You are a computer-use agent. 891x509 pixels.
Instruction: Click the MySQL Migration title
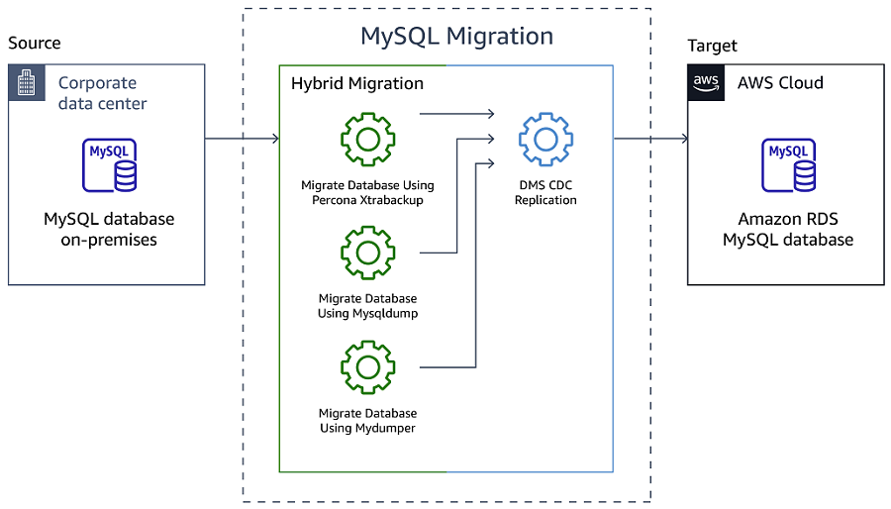pyautogui.click(x=456, y=37)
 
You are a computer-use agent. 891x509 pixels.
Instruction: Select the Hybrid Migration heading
pyautogui.click(x=356, y=84)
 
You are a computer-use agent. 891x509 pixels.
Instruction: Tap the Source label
pyautogui.click(x=35, y=44)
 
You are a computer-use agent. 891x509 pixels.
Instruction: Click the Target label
pyautogui.click(x=713, y=46)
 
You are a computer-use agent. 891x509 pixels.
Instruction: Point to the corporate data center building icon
pyautogui.click(x=27, y=83)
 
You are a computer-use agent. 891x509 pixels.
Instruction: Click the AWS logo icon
pyautogui.click(x=706, y=83)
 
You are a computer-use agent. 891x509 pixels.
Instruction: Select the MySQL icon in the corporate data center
pyautogui.click(x=109, y=165)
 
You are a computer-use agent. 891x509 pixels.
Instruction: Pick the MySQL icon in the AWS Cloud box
pyautogui.click(x=788, y=165)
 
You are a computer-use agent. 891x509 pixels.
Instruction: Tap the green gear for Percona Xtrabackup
pyautogui.click(x=367, y=139)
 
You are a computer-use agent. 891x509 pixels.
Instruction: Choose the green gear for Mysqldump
pyautogui.click(x=367, y=253)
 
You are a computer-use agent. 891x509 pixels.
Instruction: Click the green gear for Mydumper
pyautogui.click(x=367, y=367)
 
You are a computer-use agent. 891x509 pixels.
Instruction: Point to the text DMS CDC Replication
pyautogui.click(x=545, y=192)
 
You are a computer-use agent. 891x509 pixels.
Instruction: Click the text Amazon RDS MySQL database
pyautogui.click(x=788, y=230)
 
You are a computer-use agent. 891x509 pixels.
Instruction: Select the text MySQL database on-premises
pyautogui.click(x=109, y=230)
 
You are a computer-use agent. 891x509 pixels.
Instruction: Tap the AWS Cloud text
pyautogui.click(x=780, y=83)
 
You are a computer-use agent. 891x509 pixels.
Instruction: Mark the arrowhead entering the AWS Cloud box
pyautogui.click(x=682, y=139)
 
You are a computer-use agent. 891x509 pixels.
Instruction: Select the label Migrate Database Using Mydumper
pyautogui.click(x=367, y=420)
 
